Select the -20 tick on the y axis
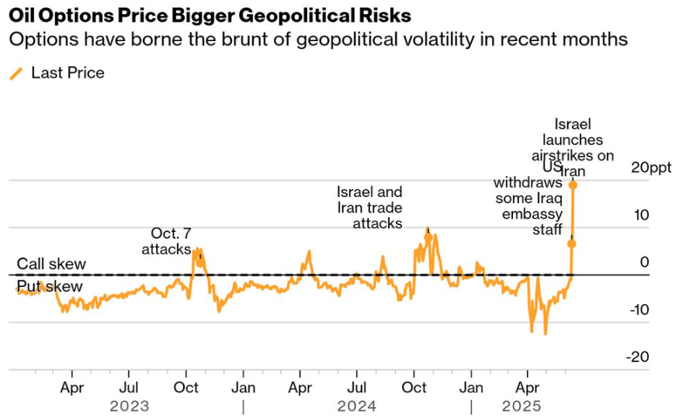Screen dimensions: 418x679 point(639,357)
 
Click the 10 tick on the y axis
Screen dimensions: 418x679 point(640,215)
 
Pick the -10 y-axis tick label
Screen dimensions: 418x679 point(639,309)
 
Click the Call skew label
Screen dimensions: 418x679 point(51,264)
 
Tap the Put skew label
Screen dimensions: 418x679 point(50,287)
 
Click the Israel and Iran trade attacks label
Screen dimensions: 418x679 point(369,207)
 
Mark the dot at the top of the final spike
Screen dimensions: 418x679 point(573,185)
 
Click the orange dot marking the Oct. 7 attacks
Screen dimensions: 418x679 point(200,262)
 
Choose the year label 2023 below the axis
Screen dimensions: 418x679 point(130,406)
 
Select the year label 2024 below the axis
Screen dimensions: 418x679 point(357,406)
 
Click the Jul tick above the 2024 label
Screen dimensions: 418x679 point(357,385)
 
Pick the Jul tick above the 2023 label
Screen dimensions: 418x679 point(130,385)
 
